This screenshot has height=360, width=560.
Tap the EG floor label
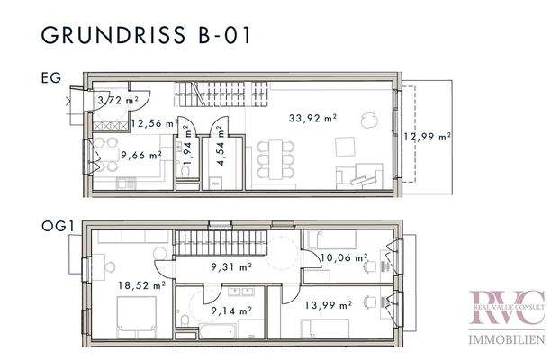coord(51,78)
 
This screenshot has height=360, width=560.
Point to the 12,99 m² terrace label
coord(428,137)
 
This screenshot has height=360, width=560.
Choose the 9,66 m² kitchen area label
coord(142,154)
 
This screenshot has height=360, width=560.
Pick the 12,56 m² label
coord(150,124)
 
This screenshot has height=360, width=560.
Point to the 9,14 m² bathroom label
coord(231,310)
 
